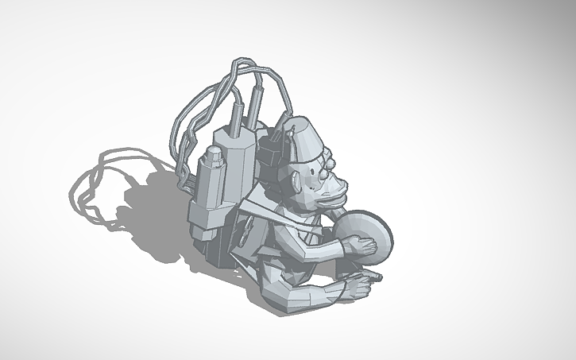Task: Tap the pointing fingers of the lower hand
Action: pos(368,279)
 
